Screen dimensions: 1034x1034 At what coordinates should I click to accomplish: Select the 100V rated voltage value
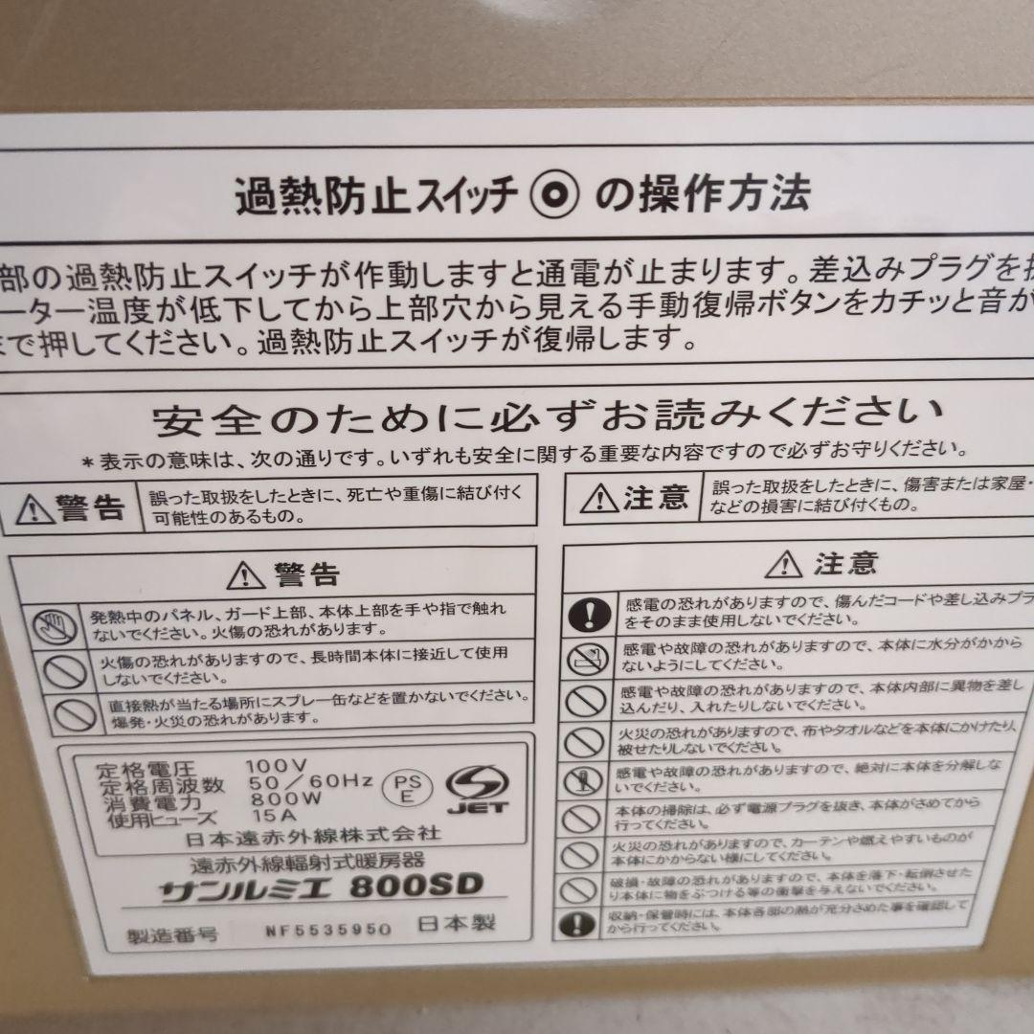276,766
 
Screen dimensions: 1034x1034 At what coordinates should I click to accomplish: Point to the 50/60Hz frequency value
309,782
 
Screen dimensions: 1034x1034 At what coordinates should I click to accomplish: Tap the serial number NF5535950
328,929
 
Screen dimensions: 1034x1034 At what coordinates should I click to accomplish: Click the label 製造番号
172,933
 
